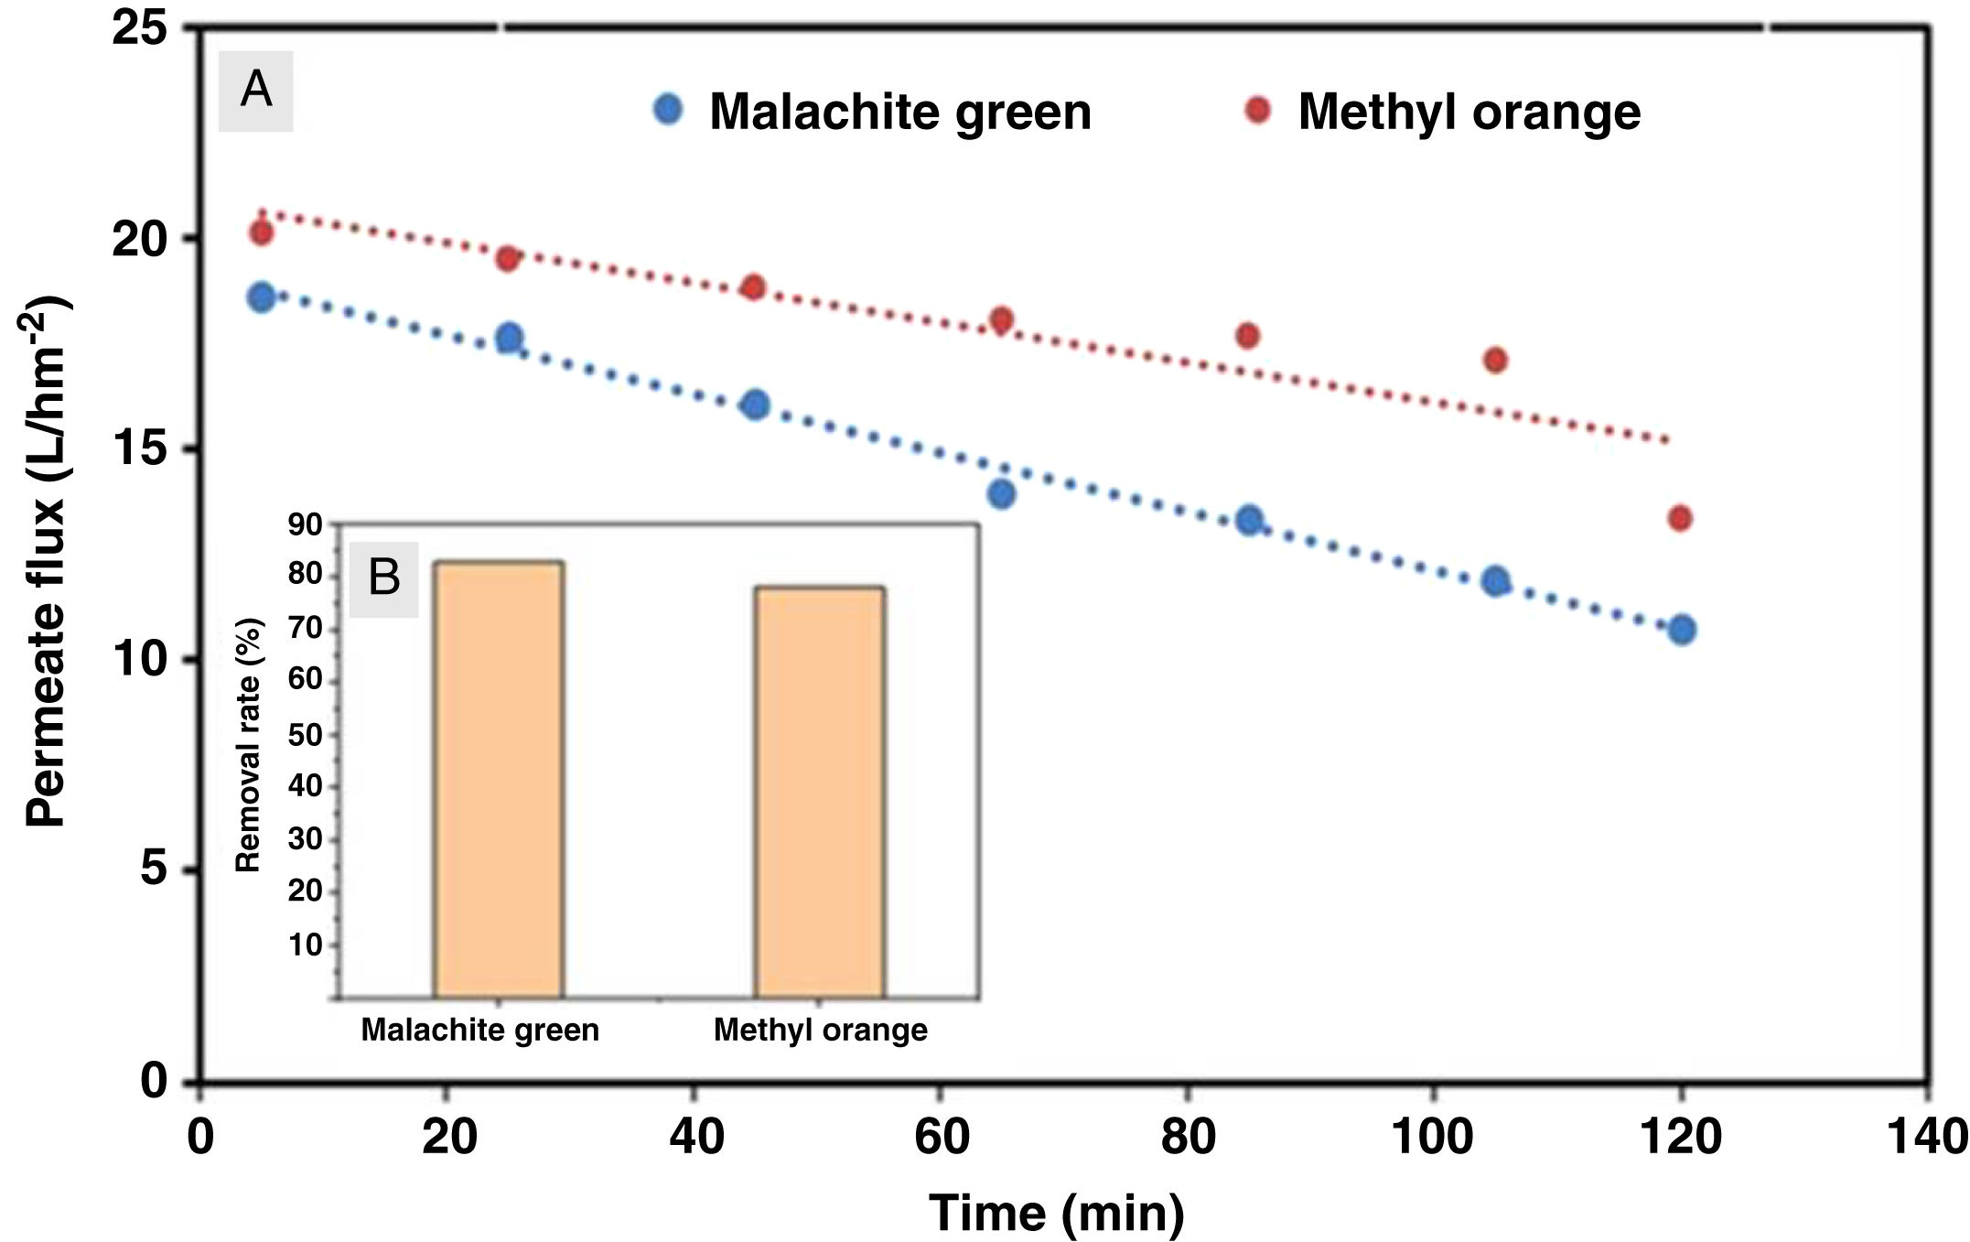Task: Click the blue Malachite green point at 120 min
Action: coord(1681,630)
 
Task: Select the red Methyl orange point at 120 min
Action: coord(1679,519)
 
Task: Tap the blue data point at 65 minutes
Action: coord(1001,494)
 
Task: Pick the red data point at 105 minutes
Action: coord(1495,360)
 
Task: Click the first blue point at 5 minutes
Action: coord(261,297)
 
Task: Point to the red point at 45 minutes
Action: coord(753,286)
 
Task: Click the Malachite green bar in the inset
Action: coord(498,779)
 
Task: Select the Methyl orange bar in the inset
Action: coord(819,792)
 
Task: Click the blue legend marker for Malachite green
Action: coord(668,110)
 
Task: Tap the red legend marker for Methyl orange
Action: coord(1258,110)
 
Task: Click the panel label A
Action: coord(255,91)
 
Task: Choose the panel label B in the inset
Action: coord(383,578)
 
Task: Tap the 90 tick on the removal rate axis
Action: coord(306,525)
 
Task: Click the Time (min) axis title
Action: coord(1057,1214)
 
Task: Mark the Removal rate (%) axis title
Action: coord(249,744)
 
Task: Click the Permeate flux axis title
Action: coord(46,560)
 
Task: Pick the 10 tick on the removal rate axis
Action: coord(306,945)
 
